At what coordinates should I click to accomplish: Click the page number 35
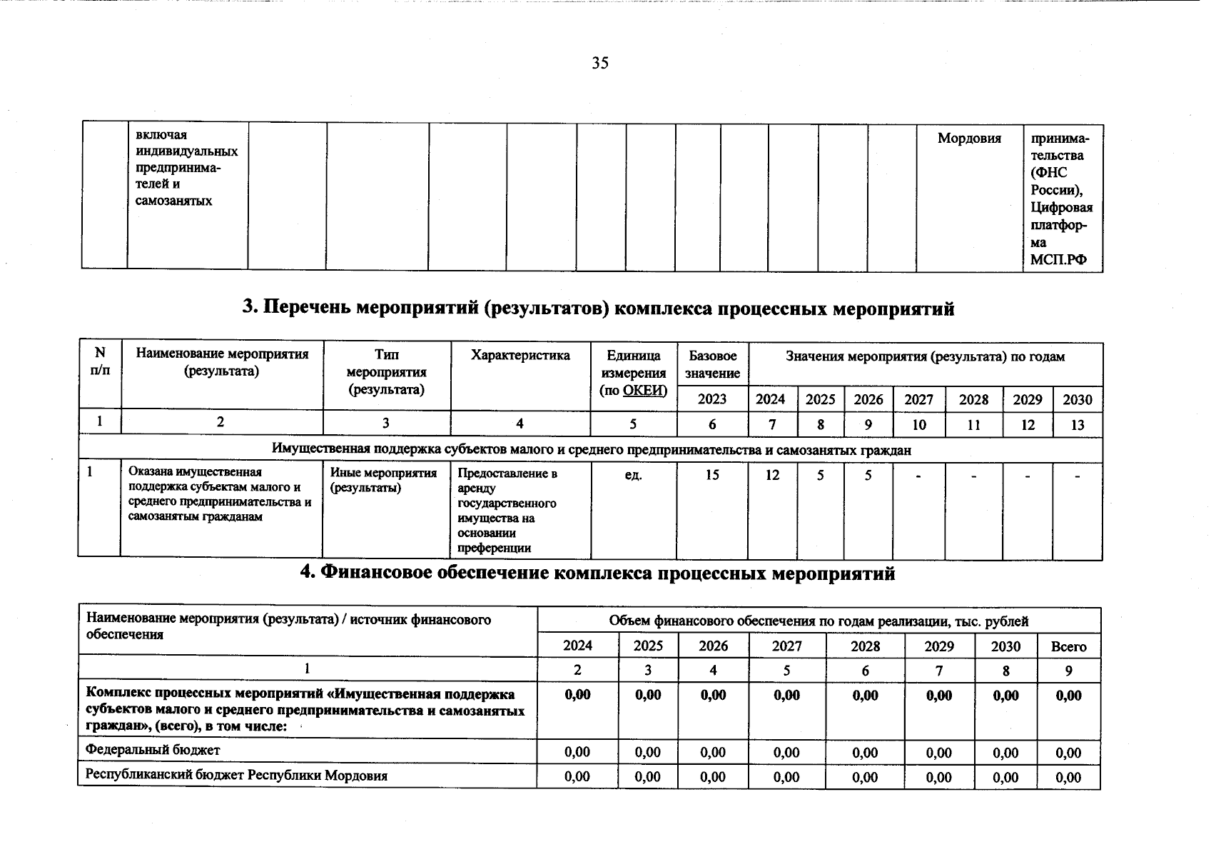coord(600,64)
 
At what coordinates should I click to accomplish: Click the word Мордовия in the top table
coord(968,139)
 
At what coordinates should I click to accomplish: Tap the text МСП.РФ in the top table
coord(1058,259)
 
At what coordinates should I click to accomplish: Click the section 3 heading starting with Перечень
coord(598,308)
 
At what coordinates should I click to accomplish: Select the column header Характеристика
coord(520,356)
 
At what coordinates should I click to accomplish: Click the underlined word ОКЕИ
coord(644,390)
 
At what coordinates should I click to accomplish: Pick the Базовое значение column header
coord(712,364)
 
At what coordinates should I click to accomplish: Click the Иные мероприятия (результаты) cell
coord(384,480)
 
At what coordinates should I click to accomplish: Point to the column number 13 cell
coord(1078,425)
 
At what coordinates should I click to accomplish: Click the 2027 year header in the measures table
coord(918,400)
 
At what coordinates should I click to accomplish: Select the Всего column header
coord(1068,647)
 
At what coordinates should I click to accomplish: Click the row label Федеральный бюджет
coord(153,750)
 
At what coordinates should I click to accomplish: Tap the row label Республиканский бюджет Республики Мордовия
coord(236,776)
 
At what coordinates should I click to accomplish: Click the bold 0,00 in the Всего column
coord(1068,696)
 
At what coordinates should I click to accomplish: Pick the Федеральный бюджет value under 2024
coord(577,752)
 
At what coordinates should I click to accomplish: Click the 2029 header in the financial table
coord(938,647)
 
